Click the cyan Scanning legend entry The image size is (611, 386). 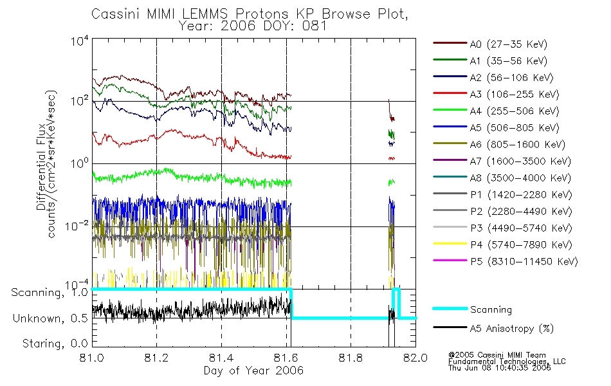[x=491, y=309]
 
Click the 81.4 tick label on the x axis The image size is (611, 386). [x=221, y=359]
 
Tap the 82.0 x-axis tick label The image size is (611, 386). [x=415, y=359]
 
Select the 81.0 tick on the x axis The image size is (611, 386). [x=92, y=359]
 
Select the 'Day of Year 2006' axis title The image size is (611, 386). [x=253, y=371]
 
